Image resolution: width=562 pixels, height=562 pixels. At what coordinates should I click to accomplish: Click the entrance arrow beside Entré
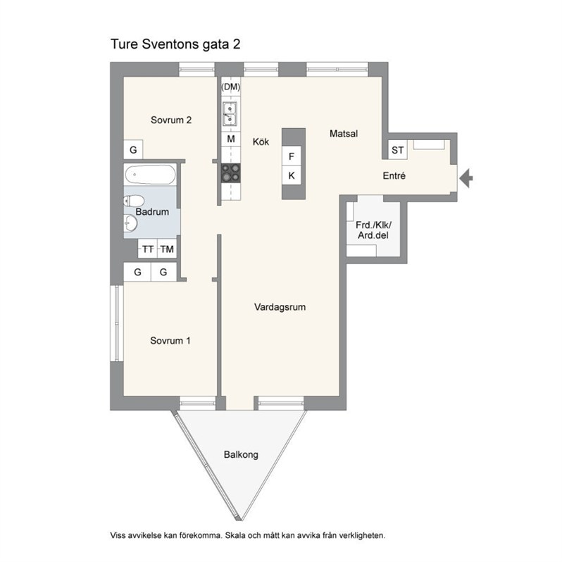tap(466, 177)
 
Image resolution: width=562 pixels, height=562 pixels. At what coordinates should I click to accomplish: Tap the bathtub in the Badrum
tap(150, 175)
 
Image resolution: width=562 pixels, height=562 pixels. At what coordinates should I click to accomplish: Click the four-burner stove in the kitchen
tap(231, 173)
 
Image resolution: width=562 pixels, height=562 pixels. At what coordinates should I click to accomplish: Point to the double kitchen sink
tap(230, 113)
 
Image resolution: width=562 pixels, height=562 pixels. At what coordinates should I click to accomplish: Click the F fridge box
tap(292, 156)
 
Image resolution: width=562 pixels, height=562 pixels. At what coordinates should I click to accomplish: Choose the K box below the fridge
tap(292, 175)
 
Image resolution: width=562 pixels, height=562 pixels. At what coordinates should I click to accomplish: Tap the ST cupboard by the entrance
tap(397, 150)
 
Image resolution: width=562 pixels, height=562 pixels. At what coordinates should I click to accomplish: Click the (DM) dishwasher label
tap(231, 87)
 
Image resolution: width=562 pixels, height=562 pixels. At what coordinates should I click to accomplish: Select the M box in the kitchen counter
tap(231, 139)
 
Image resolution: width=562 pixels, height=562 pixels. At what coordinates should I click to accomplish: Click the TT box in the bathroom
tap(148, 249)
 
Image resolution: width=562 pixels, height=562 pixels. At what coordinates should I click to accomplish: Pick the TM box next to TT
tap(167, 249)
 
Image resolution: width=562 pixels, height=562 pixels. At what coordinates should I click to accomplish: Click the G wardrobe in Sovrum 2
tap(133, 149)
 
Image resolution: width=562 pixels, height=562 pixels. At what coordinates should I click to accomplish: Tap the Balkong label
tap(241, 455)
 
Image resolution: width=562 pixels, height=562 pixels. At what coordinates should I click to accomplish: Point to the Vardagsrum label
tap(280, 307)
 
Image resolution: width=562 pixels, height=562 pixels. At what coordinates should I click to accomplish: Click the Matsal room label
tap(344, 134)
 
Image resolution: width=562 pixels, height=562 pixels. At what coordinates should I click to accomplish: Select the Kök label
tap(261, 142)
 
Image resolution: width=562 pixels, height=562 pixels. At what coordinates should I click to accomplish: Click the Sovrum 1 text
tap(170, 340)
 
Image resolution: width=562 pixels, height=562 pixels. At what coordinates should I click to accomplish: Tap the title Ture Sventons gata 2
tap(175, 44)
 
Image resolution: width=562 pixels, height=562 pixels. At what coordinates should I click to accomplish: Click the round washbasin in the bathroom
tap(130, 223)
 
